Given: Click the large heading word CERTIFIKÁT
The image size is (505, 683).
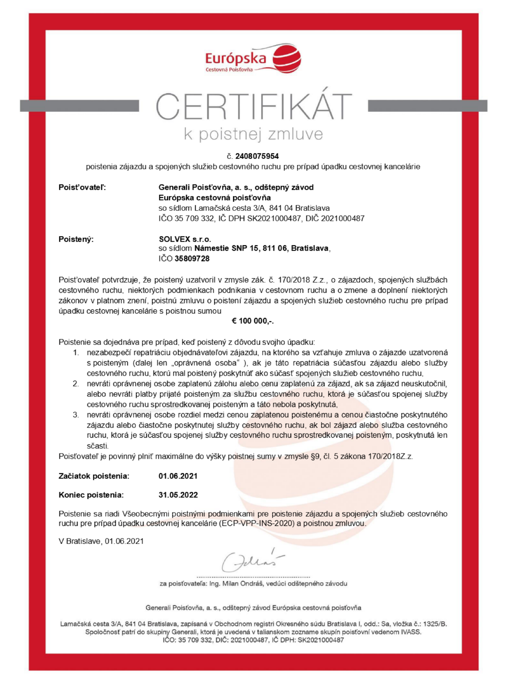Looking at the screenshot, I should coord(253,107).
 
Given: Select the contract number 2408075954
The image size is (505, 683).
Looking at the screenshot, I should coord(257,156).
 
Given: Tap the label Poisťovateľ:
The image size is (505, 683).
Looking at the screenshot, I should coord(82,187).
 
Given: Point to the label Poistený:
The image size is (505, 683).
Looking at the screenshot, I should coord(76,239).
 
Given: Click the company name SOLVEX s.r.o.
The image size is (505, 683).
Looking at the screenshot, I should coord(185,239).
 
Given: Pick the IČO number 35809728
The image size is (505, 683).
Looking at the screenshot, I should coord(192,259).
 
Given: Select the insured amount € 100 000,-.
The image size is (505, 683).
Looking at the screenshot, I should coord(252,321).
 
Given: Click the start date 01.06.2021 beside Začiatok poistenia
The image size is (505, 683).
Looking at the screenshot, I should coord(178,476).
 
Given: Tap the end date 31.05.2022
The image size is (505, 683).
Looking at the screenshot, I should coord(178,495).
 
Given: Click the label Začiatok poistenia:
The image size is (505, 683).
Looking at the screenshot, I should coord(94,476).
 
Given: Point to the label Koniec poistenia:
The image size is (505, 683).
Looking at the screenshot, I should coord(91,495).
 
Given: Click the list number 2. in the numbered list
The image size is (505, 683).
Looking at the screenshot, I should coord(76,383).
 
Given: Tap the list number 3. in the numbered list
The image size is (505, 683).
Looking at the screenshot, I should coord(76,415).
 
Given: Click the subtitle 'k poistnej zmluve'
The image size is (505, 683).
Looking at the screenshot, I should coord(253,134).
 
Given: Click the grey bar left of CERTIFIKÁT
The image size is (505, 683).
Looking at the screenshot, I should coord(79,106).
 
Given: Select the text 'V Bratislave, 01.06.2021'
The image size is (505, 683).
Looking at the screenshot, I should coord(101,541).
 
